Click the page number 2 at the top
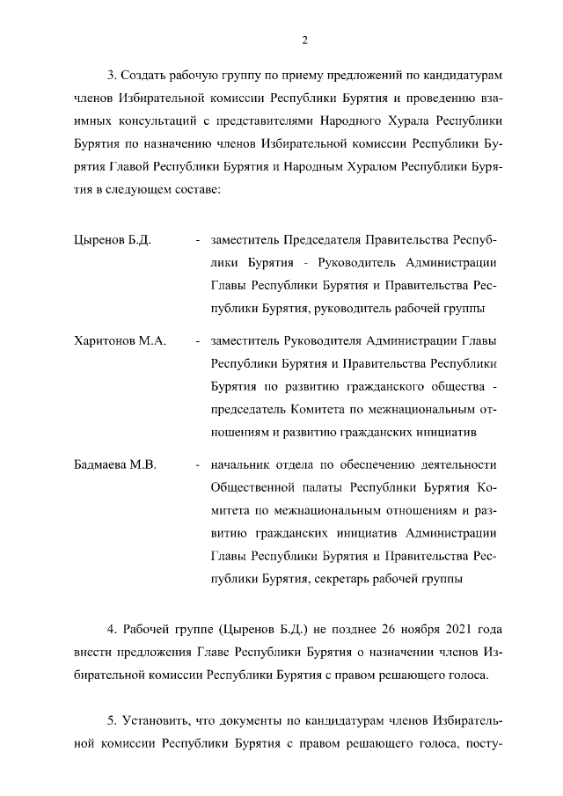click(303, 40)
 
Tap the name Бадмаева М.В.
click(114, 465)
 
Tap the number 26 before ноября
click(368, 629)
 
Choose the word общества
click(450, 386)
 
